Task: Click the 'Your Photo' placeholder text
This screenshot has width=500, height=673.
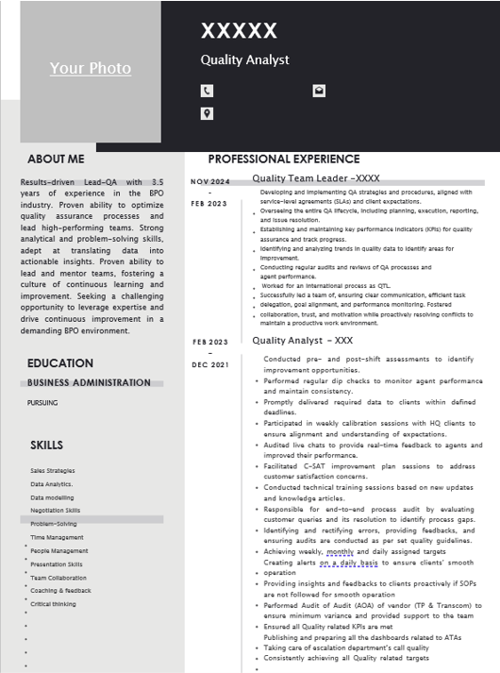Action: [x=91, y=68]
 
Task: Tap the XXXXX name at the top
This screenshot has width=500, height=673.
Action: [x=239, y=31]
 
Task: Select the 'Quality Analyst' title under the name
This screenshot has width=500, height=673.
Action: [x=244, y=60]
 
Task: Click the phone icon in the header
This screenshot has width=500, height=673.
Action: [x=207, y=91]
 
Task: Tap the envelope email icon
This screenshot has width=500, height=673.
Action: [x=319, y=91]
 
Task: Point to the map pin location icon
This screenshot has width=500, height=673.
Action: [x=207, y=114]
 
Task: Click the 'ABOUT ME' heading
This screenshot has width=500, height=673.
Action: [x=56, y=160]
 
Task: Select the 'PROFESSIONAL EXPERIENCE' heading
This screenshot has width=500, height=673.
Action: [x=283, y=160]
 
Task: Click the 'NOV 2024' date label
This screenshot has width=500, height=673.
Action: [x=210, y=181]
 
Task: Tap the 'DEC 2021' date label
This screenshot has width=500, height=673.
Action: [x=210, y=364]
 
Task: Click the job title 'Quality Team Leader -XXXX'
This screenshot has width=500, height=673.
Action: [x=315, y=178]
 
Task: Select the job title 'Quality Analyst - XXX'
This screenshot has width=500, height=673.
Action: [x=302, y=341]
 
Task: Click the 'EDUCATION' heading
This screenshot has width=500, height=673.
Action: [x=60, y=363]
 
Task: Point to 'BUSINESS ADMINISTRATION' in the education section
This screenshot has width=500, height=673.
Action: [x=89, y=383]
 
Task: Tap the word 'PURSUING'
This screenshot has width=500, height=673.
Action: [x=42, y=403]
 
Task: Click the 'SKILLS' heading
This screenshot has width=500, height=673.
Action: [x=47, y=445]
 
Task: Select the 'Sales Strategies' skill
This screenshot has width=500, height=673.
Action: [x=52, y=470]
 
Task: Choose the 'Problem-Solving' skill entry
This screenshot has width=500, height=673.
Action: [x=54, y=524]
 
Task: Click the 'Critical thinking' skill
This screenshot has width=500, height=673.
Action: [x=53, y=604]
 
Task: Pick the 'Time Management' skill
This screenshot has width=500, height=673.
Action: [x=57, y=537]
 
